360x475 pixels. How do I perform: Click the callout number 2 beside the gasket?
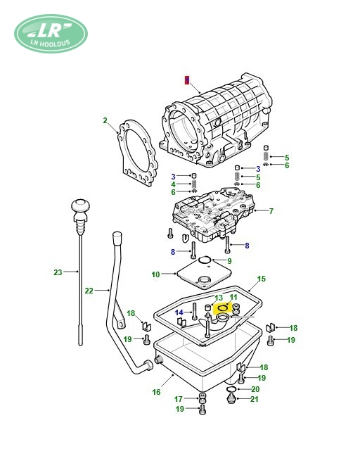105,120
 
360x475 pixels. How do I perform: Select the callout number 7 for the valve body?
271,211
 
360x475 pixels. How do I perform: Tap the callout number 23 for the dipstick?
58,272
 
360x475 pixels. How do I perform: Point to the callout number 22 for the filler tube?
89,291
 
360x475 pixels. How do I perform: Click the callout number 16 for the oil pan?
156,392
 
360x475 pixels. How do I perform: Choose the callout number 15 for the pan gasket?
262,279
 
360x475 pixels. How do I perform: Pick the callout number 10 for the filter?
155,274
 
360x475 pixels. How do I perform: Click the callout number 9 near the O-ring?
229,261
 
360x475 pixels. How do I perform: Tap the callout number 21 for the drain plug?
255,399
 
